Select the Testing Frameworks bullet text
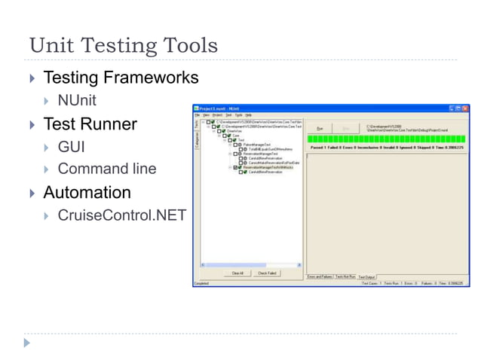click(x=121, y=78)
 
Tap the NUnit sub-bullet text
click(x=77, y=100)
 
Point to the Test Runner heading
click(x=90, y=124)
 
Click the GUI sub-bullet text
click(x=72, y=146)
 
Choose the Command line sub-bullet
click(x=107, y=169)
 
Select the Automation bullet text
click(x=87, y=192)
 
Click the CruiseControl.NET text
click(x=121, y=215)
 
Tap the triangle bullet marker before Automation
click(x=32, y=193)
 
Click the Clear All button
click(x=237, y=273)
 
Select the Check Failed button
click(x=268, y=273)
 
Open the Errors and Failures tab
click(x=320, y=276)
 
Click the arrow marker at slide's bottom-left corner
click(x=28, y=343)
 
